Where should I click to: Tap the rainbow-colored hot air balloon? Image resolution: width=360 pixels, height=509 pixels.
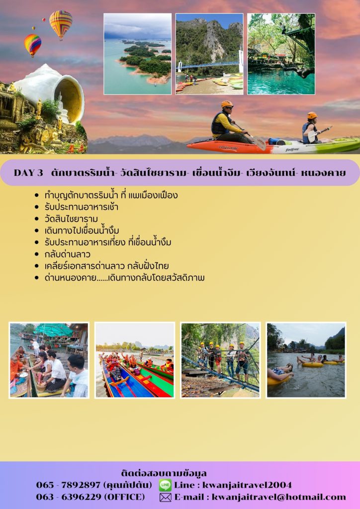(x=32, y=44)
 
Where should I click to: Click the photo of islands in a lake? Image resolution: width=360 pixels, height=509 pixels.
(x=137, y=54)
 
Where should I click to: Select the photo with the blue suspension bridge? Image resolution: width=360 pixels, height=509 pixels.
(x=209, y=54)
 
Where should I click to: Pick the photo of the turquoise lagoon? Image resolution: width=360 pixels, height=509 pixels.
(x=281, y=54)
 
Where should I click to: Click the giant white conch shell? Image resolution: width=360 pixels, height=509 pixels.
(x=52, y=91)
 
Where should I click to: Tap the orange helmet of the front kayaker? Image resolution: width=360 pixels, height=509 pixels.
(x=227, y=104)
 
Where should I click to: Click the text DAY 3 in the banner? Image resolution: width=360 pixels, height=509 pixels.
(x=28, y=172)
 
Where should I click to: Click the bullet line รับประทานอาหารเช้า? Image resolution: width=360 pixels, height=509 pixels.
(x=81, y=207)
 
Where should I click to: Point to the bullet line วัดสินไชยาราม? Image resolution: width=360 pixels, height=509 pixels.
(x=71, y=219)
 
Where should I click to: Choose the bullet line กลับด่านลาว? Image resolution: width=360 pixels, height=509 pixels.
(x=68, y=254)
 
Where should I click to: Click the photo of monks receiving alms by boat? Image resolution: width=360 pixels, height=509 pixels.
(x=49, y=360)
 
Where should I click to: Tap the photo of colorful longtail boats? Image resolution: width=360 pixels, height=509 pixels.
(x=135, y=360)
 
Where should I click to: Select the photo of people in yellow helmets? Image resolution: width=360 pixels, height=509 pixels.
(x=220, y=360)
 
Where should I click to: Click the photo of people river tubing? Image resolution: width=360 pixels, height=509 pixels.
(x=306, y=360)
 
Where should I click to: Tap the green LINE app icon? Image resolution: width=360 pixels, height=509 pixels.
(x=165, y=485)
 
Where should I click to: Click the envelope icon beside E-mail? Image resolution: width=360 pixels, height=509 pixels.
(x=165, y=497)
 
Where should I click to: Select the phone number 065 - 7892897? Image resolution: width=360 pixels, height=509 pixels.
(x=68, y=485)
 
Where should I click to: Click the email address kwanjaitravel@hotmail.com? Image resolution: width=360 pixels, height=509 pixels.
(x=279, y=497)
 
